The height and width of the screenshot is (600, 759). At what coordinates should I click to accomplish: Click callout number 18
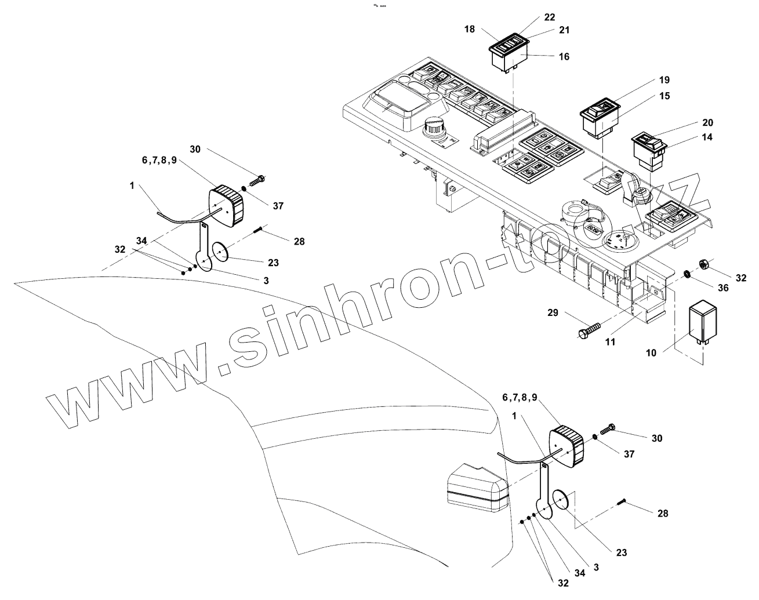pyautogui.click(x=470, y=28)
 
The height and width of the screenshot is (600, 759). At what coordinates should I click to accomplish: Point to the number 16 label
pyautogui.click(x=564, y=57)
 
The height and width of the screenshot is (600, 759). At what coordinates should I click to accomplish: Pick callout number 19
pyautogui.click(x=664, y=79)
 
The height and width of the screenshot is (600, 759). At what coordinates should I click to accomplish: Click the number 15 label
pyautogui.click(x=664, y=95)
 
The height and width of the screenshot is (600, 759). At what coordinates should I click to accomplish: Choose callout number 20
pyautogui.click(x=707, y=123)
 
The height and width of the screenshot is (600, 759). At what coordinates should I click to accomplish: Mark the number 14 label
pyautogui.click(x=707, y=137)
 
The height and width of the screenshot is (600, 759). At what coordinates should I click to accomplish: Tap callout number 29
pyautogui.click(x=552, y=313)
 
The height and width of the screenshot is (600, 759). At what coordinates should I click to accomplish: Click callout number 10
pyautogui.click(x=651, y=352)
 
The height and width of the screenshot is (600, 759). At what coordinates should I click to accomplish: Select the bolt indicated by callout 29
pyautogui.click(x=586, y=332)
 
